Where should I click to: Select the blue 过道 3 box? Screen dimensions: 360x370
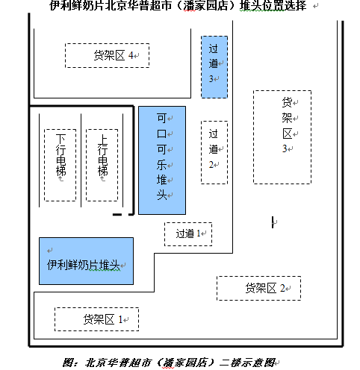[x=214, y=67]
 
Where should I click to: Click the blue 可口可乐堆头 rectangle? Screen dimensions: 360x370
[x=162, y=160]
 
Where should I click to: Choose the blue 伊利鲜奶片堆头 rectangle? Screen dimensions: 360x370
[x=86, y=261]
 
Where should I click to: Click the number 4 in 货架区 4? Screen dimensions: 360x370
[x=131, y=55]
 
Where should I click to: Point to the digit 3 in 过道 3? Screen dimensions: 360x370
[x=211, y=79]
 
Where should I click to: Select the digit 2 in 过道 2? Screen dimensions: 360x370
[x=211, y=164]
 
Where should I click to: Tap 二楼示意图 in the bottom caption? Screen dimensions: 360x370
[x=247, y=363]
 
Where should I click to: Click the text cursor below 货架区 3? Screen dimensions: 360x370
[x=273, y=222]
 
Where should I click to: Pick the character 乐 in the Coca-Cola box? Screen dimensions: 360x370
[x=161, y=165]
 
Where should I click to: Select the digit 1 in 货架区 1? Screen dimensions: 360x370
[x=120, y=319]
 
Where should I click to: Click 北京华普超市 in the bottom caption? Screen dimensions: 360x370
[x=119, y=363]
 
